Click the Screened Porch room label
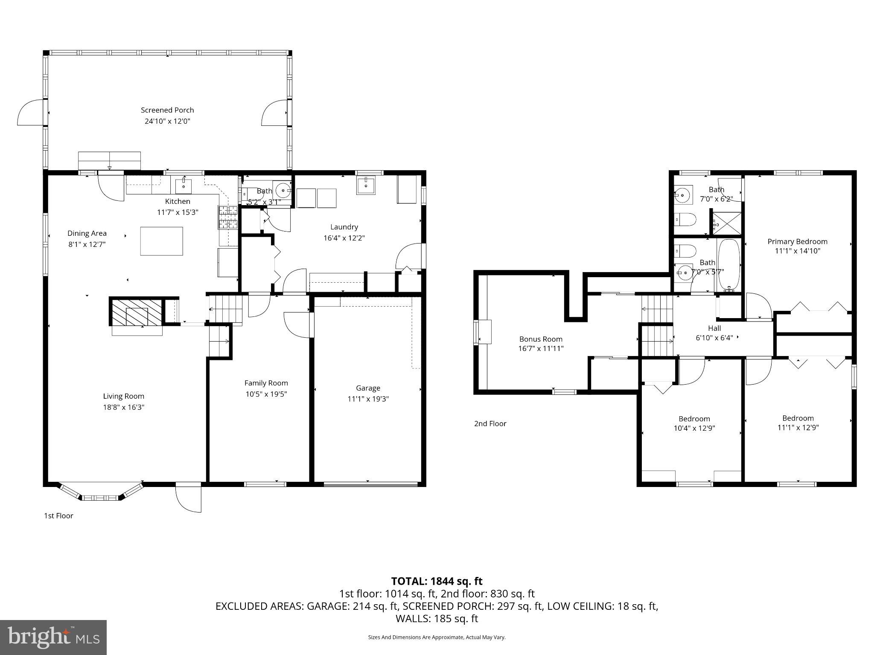click(167, 110)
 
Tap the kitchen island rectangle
click(162, 241)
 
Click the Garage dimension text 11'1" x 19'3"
click(368, 399)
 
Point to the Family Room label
click(266, 383)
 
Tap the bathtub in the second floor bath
click(729, 265)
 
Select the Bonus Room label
click(541, 339)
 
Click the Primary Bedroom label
click(797, 241)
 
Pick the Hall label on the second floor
click(714, 328)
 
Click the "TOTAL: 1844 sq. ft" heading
click(437, 581)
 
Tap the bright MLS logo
click(53, 637)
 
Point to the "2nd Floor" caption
click(490, 423)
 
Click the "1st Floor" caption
click(58, 516)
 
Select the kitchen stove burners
click(228, 217)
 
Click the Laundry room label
click(344, 227)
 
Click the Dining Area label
click(87, 233)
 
